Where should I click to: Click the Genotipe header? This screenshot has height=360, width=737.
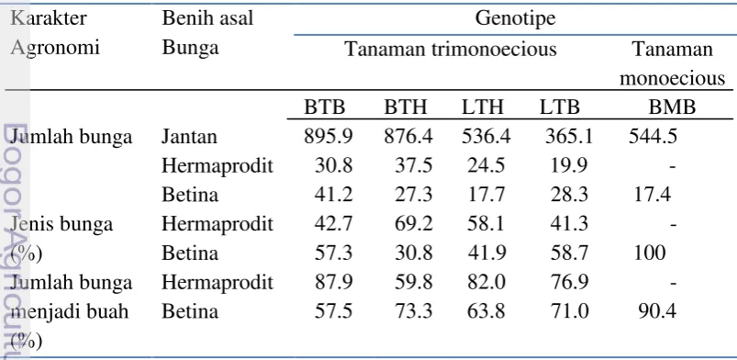tap(515, 19)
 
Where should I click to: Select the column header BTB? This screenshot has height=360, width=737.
tap(324, 107)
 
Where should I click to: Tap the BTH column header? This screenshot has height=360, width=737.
tap(406, 107)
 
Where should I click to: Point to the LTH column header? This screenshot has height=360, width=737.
tap(482, 107)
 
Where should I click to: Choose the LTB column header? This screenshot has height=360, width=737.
tap(559, 107)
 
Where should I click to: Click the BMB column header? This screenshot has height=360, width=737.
tap(672, 107)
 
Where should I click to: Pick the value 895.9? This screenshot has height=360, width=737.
tap(328, 137)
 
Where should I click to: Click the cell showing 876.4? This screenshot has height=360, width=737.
tap(408, 137)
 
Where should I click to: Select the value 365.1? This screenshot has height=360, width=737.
tap(569, 137)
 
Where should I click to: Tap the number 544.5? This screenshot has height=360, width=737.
tap(653, 137)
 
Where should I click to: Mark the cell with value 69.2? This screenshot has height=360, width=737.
tap(413, 223)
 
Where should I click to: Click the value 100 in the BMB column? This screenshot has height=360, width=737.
tap(650, 253)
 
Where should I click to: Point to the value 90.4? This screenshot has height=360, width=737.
tap(657, 311)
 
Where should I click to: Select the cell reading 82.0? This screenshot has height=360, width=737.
tap(486, 282)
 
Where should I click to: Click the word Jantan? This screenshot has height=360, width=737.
tap(189, 137)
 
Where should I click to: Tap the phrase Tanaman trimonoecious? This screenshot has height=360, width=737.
tap(451, 49)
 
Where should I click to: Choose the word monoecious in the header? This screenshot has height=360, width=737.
tap(672, 78)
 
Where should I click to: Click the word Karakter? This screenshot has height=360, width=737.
tap(49, 18)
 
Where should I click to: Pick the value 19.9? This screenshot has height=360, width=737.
tap(569, 165)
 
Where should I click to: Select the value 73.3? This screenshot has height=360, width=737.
tap(413, 311)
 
